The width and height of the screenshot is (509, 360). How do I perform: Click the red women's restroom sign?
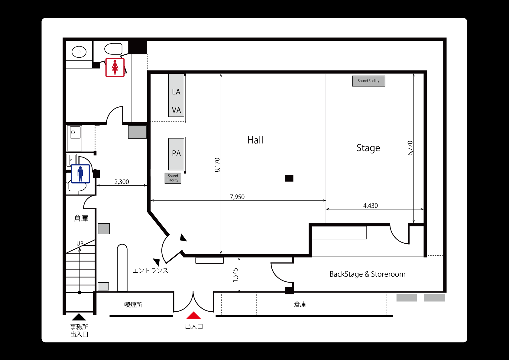pos(115,67)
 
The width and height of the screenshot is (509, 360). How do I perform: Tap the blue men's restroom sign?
pos(80,174)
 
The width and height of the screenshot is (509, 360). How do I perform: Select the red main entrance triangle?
pos(193,315)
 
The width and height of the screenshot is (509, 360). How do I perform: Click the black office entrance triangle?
pos(79,317)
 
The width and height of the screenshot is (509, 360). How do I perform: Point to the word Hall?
pos(255,140)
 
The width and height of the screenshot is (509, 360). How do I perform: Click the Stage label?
pos(368,148)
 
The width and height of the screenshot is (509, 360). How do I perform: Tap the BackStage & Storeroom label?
pos(368,274)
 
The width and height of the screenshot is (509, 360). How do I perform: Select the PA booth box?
pos(176,154)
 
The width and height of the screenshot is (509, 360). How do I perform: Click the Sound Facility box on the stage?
pos(368,81)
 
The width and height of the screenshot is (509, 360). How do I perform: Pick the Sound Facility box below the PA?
pos(173,178)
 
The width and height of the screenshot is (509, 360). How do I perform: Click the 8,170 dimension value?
pos(217,165)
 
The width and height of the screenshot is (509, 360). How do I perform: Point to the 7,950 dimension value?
pos(237,197)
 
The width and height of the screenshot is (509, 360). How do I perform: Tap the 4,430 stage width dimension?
pos(370,206)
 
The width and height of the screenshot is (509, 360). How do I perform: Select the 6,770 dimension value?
pos(410,148)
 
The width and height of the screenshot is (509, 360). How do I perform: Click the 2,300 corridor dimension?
pos(122,182)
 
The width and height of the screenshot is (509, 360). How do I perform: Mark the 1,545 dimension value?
pos(235,275)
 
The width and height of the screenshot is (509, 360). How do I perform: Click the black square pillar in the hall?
pos(289,178)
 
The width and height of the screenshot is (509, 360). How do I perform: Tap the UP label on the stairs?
pos(80,243)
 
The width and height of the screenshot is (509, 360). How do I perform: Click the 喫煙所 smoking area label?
pos(133,305)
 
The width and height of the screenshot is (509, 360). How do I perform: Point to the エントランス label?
pos(150,271)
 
